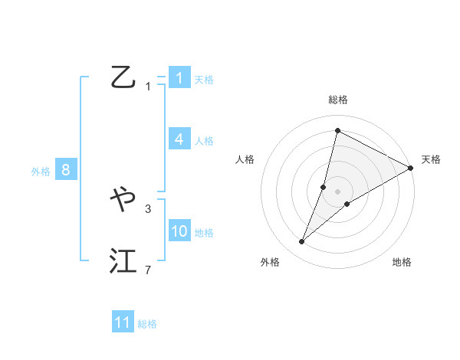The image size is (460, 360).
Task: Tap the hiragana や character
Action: (x=123, y=201)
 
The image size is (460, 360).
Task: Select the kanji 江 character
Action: (x=123, y=262)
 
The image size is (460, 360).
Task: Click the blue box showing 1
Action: (x=179, y=78)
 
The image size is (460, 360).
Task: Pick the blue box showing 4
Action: (x=179, y=139)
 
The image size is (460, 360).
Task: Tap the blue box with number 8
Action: (x=66, y=170)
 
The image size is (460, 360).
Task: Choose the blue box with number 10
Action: (x=179, y=231)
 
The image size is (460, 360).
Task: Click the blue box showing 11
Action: (x=123, y=322)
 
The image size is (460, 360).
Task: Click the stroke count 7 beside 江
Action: (x=148, y=270)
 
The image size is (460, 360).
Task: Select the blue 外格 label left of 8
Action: (x=41, y=172)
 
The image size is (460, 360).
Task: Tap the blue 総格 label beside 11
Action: (x=147, y=324)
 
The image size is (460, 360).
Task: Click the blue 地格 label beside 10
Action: (x=204, y=233)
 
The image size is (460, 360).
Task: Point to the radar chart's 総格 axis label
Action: (x=338, y=100)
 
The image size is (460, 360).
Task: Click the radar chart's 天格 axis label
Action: (x=431, y=159)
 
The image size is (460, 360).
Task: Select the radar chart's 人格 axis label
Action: (x=245, y=159)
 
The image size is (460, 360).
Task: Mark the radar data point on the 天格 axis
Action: (x=410, y=169)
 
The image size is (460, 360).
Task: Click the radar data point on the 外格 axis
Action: (x=302, y=242)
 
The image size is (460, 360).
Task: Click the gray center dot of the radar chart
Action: (x=337, y=191)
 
